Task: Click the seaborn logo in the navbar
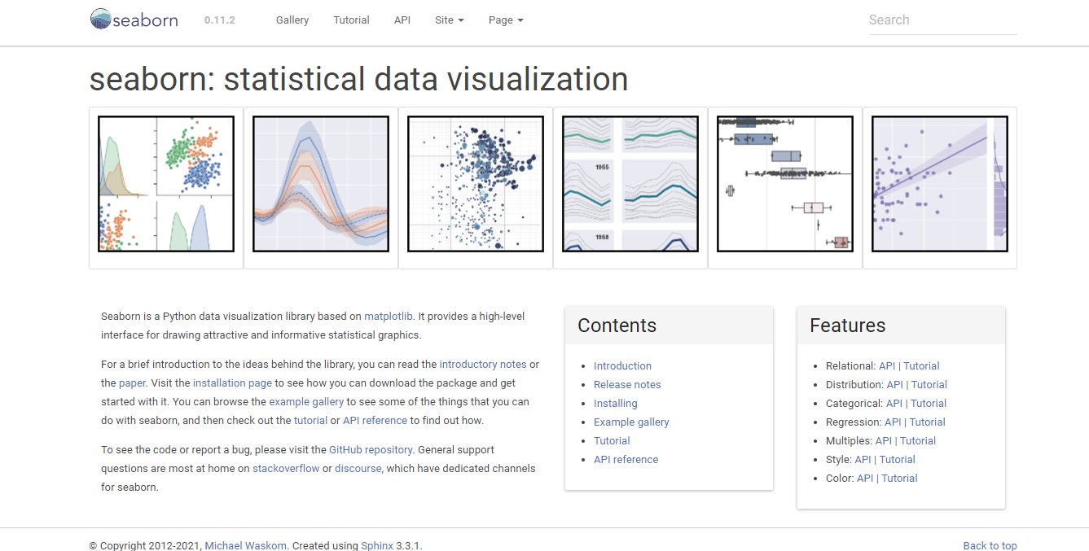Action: coord(134,20)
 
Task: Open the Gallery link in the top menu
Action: coord(292,20)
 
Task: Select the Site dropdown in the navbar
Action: coord(449,20)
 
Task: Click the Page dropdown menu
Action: coord(506,20)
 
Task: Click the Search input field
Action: coord(942,20)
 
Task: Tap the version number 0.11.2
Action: coord(220,20)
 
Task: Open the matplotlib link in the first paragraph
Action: coord(389,317)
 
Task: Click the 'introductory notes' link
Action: coord(483,365)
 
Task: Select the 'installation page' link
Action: coord(232,383)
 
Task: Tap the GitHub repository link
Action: coord(371,450)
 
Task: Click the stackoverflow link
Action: coord(286,469)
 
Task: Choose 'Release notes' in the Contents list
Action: coord(627,385)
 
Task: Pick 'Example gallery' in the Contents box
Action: coord(631,422)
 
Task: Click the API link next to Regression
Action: coord(893,422)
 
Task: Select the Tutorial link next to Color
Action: coord(899,479)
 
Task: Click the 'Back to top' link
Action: coord(990,545)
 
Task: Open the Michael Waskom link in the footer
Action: coord(245,545)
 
